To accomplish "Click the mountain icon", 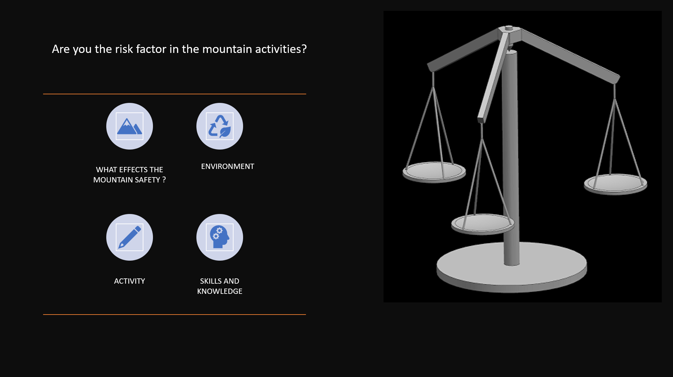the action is click(x=130, y=126).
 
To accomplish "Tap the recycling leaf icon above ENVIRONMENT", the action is click(x=220, y=126).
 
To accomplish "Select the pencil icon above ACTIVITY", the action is click(x=130, y=237).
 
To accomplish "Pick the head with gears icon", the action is click(x=220, y=237).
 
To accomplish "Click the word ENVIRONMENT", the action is click(x=228, y=166).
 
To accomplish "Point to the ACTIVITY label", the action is click(x=130, y=281).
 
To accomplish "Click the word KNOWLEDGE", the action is click(x=220, y=291).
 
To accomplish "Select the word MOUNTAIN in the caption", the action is click(x=113, y=180).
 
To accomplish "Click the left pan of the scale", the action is click(x=434, y=172).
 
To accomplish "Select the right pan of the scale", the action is click(x=615, y=184).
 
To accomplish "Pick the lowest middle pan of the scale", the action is click(x=483, y=224).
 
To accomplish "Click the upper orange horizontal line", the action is click(x=175, y=94).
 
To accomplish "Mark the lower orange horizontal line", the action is click(x=175, y=315).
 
